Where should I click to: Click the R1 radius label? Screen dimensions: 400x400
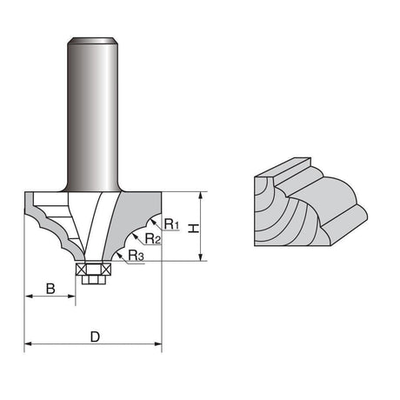[171, 223]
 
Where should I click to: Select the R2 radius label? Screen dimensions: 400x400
[152, 238]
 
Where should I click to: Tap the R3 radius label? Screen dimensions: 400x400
[136, 256]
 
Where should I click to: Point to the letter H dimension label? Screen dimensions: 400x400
[193, 228]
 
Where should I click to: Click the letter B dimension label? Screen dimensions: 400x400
[50, 289]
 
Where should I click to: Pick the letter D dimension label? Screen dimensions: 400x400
[95, 337]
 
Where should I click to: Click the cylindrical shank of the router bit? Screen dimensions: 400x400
[93, 115]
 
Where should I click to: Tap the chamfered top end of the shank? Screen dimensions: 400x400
[93, 41]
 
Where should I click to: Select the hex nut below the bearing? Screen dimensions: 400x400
[93, 280]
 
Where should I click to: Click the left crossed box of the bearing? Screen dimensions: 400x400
[81, 270]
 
